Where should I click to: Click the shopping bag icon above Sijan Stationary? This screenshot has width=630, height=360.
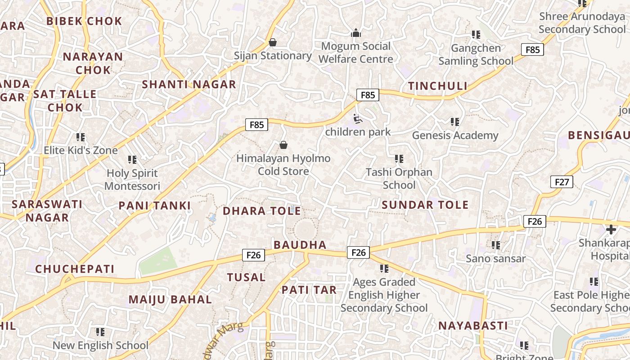[272, 42]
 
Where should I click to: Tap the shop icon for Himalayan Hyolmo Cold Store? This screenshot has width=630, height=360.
[283, 144]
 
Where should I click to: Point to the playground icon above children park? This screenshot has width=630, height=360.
[358, 119]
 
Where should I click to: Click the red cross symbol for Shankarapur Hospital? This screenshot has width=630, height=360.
[611, 229]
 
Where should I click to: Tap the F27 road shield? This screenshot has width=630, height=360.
[562, 182]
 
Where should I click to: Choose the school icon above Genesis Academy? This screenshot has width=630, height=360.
[455, 121]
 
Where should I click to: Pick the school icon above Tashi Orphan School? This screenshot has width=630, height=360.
[399, 158]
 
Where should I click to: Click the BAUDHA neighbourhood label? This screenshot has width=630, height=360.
[300, 245]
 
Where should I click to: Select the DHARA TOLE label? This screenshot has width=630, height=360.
[262, 211]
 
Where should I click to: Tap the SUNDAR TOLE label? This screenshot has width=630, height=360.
[425, 205]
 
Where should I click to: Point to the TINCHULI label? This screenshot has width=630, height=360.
[437, 86]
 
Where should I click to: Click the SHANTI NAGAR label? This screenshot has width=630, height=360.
[189, 84]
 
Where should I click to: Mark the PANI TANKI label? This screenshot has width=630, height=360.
[155, 206]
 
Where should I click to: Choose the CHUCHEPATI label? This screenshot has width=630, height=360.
[75, 269]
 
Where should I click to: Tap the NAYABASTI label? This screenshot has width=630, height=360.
[473, 325]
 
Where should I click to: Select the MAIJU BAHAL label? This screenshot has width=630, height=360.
[170, 300]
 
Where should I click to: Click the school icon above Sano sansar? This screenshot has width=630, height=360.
[496, 245]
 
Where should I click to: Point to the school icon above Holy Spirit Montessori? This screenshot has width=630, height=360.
[132, 159]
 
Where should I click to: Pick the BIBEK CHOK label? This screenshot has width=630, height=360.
[84, 21]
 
